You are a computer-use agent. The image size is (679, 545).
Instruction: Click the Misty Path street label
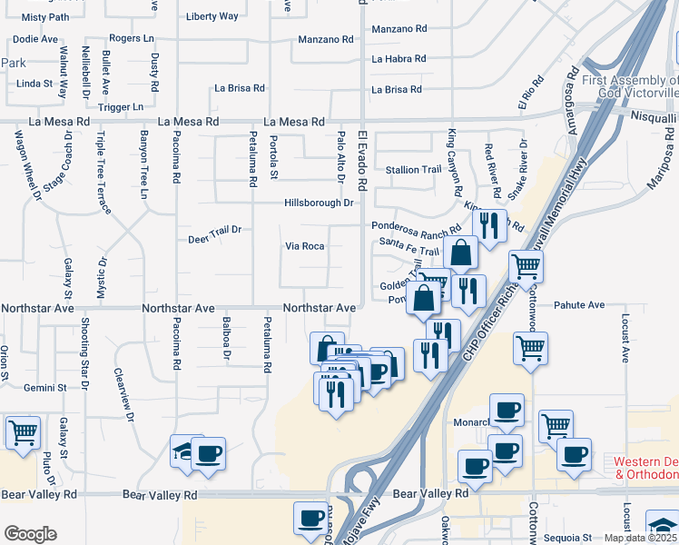click(45, 16)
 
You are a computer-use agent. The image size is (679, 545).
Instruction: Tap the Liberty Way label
click(212, 16)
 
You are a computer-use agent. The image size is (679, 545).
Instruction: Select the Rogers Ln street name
click(131, 38)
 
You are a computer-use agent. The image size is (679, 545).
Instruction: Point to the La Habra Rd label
click(399, 59)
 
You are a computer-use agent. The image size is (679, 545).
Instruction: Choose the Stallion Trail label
click(413, 170)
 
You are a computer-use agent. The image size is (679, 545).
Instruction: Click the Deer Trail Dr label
click(214, 230)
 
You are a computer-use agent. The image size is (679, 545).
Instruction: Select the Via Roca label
click(305, 246)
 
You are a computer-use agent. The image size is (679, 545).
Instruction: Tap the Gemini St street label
click(45, 387)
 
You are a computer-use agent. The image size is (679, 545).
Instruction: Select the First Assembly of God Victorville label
click(630, 86)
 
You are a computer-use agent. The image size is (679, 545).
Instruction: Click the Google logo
click(30, 534)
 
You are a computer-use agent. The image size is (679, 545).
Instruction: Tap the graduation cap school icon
click(186, 451)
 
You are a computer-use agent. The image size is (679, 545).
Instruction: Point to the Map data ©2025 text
click(641, 538)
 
